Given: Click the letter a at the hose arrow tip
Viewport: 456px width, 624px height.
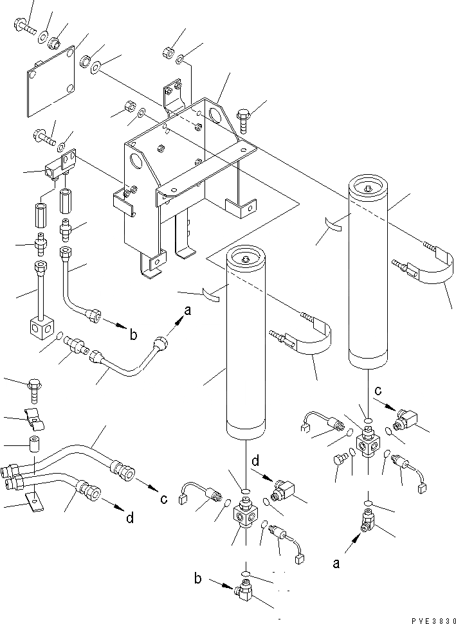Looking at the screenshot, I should [x=187, y=311].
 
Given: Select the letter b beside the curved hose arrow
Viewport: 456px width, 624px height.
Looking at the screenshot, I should [x=134, y=334].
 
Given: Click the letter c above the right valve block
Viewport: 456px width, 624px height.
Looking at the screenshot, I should [x=379, y=390].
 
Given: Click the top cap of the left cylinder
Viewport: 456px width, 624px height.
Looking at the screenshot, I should [x=247, y=259].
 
